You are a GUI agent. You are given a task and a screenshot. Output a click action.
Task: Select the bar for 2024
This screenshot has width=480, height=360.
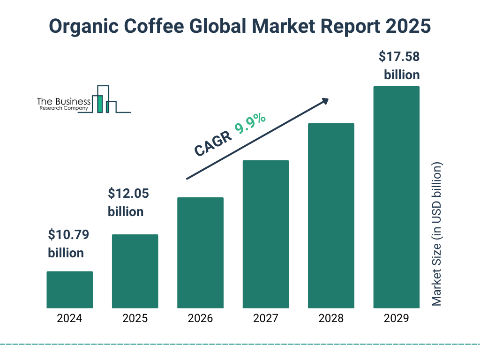pos(69,290)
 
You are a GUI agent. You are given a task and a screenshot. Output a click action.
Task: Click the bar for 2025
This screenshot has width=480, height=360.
pos(135,271)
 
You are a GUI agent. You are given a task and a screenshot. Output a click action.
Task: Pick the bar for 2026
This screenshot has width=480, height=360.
pos(200,253)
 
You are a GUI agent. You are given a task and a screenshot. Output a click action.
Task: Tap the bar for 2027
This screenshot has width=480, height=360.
pos(265,234)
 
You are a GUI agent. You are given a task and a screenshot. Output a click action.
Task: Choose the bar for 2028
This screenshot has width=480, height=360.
pos(331,216)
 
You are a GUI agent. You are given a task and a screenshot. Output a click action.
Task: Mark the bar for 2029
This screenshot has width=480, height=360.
pos(396,197)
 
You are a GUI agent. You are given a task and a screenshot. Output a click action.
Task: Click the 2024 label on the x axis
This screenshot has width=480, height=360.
pos(69,319)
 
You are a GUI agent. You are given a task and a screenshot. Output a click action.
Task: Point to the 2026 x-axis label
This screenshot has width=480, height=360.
pos(200,319)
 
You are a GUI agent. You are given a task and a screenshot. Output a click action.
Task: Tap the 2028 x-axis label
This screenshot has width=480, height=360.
pos(331,319)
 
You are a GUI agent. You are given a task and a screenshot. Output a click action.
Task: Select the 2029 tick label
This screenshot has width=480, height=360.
pos(396,319)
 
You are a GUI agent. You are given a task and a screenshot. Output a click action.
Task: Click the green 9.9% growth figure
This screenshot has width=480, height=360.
pos(250,123)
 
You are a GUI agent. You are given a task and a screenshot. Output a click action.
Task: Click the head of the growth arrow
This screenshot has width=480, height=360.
pos(325,100)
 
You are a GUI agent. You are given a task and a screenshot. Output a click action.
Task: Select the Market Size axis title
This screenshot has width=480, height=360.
pos(437,234)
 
